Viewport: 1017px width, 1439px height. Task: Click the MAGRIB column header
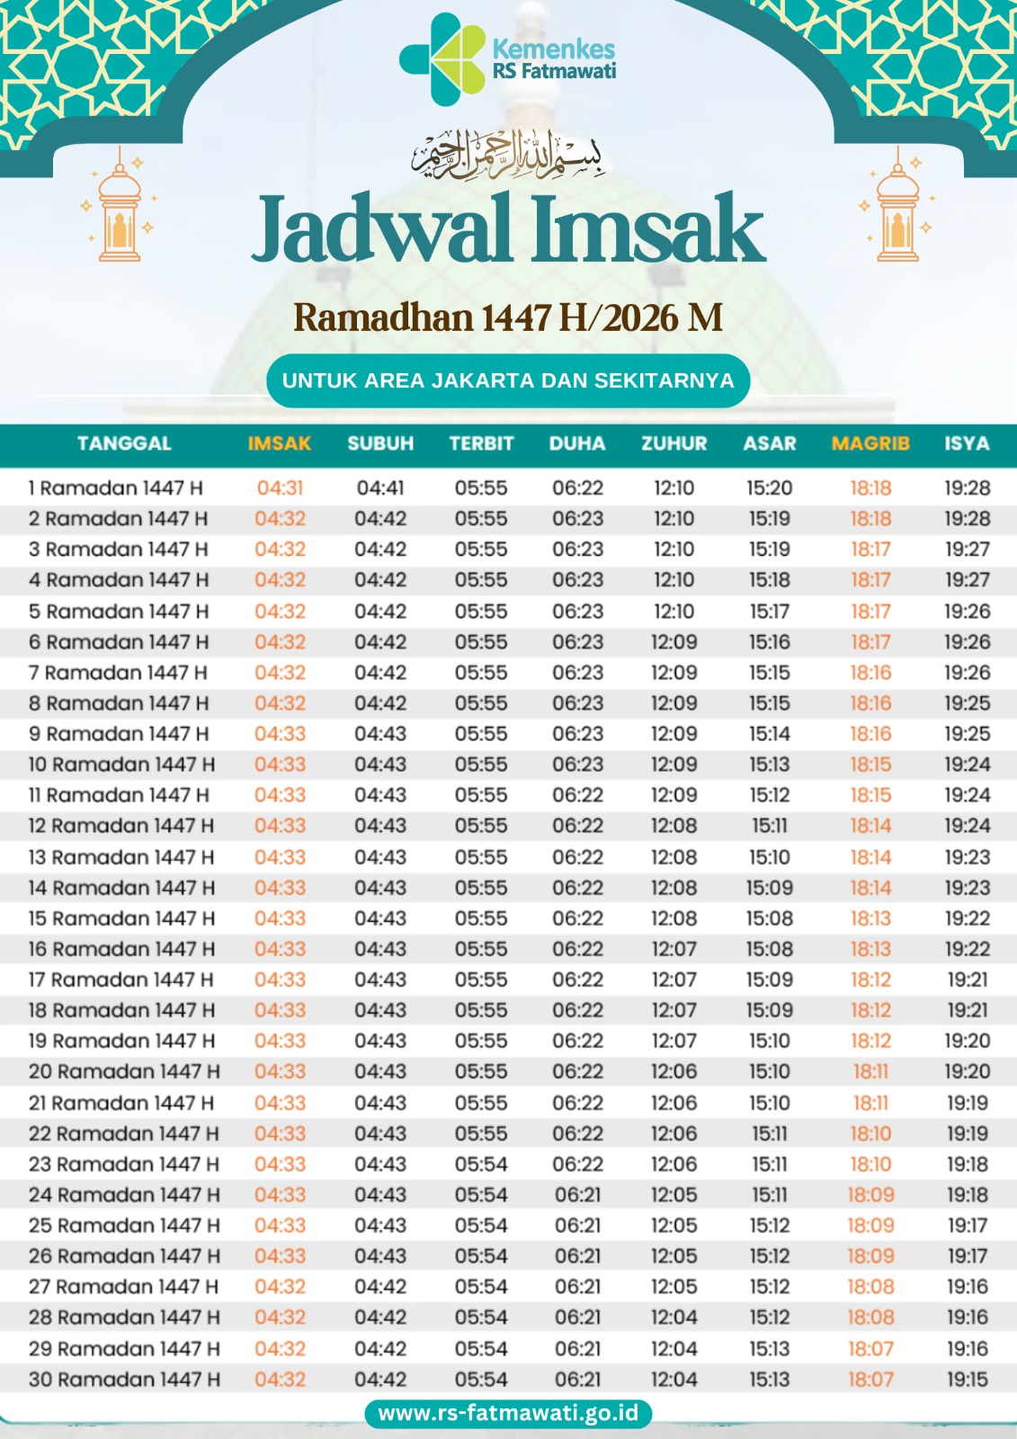tap(870, 443)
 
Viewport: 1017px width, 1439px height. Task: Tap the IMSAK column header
tap(280, 443)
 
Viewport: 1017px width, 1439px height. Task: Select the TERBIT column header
tap(481, 443)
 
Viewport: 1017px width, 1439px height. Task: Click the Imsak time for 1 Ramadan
tap(280, 488)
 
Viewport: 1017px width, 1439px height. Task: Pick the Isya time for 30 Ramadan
tap(967, 1380)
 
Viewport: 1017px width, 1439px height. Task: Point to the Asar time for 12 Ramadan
tap(770, 826)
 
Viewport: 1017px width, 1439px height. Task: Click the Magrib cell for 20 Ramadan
tap(870, 1072)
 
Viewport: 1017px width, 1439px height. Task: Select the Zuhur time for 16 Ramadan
tap(674, 949)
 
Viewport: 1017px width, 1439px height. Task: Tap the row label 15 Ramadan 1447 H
tap(121, 918)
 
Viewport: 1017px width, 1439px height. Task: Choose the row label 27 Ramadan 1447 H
tap(123, 1287)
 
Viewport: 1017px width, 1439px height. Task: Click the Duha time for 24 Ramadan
tap(577, 1195)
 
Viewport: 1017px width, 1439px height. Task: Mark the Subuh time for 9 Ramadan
tap(380, 734)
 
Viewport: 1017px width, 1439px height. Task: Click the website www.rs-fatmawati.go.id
tap(508, 1413)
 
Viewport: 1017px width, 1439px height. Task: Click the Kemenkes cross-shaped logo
tap(442, 59)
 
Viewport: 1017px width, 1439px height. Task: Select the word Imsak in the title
tap(647, 230)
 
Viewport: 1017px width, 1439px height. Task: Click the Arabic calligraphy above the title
tap(508, 155)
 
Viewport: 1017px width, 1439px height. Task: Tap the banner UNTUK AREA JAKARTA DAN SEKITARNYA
tap(508, 380)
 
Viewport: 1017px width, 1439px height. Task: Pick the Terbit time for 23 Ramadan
tap(481, 1165)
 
